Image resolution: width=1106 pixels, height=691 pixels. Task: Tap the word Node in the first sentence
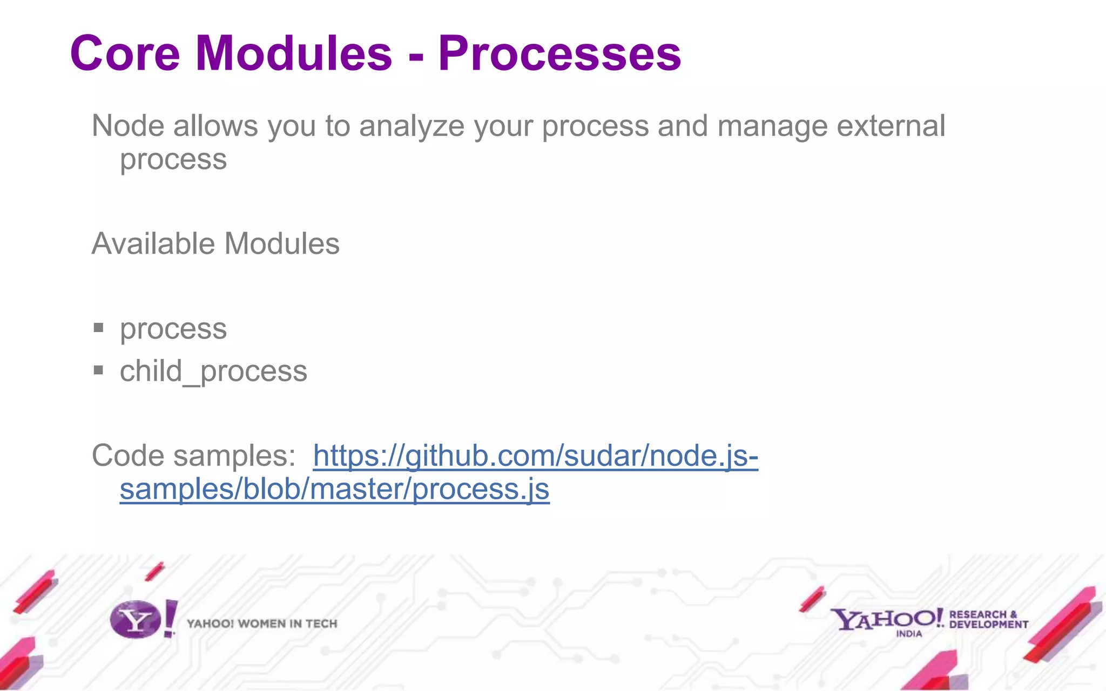128,126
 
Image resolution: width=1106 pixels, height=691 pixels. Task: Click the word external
891,126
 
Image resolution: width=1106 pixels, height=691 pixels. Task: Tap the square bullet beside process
98,327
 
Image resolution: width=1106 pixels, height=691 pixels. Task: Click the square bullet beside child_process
98,370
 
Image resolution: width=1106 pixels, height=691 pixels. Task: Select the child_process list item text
213,371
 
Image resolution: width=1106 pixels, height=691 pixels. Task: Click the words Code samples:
193,456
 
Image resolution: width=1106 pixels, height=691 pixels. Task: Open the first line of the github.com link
535,456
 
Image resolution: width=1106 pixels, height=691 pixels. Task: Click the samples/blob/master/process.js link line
334,489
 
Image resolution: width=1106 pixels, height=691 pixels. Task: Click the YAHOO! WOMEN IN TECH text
262,624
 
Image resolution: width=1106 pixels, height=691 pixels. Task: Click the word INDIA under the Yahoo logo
909,634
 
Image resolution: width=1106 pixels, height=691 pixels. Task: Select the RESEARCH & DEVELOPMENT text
988,620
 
